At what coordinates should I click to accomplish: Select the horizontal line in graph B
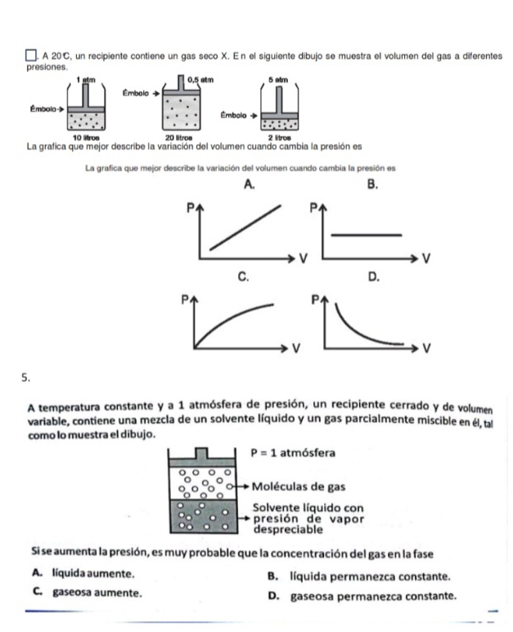[369, 235]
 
